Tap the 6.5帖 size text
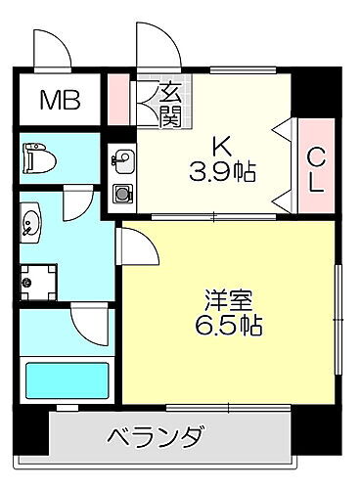231,325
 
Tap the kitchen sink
123,159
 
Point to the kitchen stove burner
123,193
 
